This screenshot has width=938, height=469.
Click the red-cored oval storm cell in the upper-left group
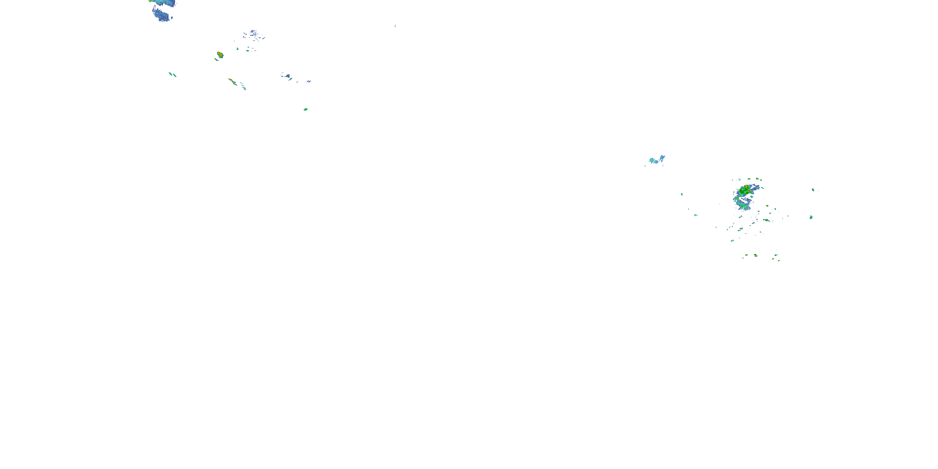pos(219,55)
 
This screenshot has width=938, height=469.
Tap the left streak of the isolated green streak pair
pos(170,74)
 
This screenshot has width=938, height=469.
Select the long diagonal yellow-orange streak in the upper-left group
pos(232,81)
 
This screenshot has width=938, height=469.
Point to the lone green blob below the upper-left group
pos(305,109)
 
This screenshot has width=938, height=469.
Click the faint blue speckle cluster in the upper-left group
pos(254,35)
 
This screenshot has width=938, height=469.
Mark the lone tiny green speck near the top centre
pos(395,26)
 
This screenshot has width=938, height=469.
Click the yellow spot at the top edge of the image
pos(150,1)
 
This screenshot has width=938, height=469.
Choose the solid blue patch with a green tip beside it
pos(286,76)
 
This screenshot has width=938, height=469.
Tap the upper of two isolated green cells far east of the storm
pos(813,190)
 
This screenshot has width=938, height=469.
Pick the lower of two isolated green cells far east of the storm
pos(811,217)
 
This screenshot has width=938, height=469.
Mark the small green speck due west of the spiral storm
pos(682,194)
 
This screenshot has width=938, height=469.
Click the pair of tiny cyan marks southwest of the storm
pos(695,215)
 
